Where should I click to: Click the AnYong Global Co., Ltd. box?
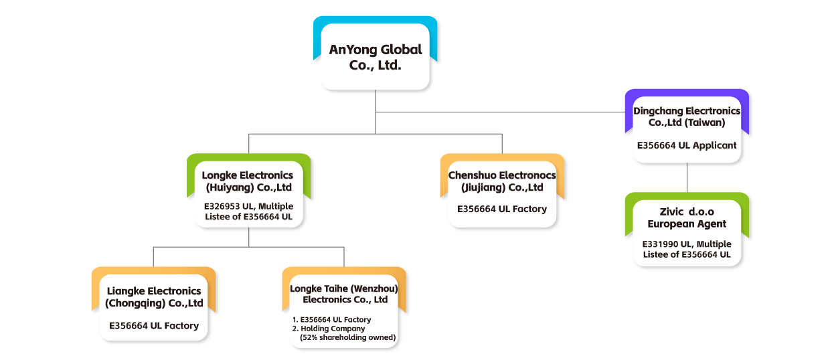(375, 58)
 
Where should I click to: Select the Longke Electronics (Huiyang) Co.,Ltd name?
(248, 181)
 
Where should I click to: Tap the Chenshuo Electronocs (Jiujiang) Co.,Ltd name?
(502, 181)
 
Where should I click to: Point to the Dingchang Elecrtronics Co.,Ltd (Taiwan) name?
(687, 116)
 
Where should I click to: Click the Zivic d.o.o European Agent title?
(687, 217)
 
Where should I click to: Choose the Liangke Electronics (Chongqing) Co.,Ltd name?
(154, 297)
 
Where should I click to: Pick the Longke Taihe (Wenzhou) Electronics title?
(344, 294)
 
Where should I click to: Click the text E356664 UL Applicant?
(687, 145)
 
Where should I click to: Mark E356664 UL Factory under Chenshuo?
(502, 209)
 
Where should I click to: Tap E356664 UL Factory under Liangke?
(154, 326)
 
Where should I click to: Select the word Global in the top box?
(401, 50)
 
